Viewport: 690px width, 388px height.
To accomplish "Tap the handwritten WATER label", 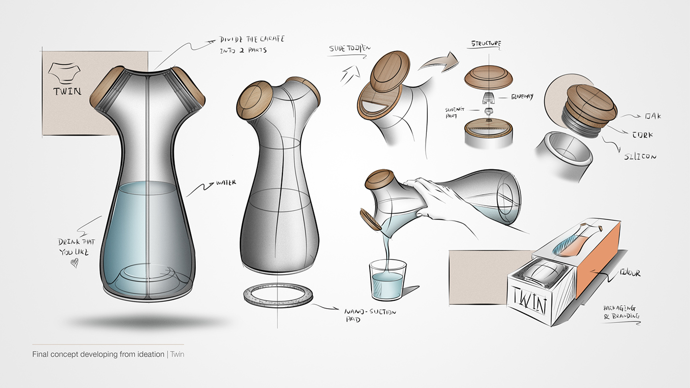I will (x=226, y=183).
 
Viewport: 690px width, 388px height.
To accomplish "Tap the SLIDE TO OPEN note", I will (x=350, y=49).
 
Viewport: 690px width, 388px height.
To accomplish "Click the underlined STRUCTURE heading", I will (x=485, y=44).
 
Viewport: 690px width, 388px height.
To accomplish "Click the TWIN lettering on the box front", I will (x=528, y=298).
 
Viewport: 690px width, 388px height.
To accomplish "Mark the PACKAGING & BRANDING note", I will (x=621, y=312).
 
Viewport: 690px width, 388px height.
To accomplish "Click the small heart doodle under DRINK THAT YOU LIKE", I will (x=73, y=263).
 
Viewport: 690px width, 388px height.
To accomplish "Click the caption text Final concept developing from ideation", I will (x=98, y=354).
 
